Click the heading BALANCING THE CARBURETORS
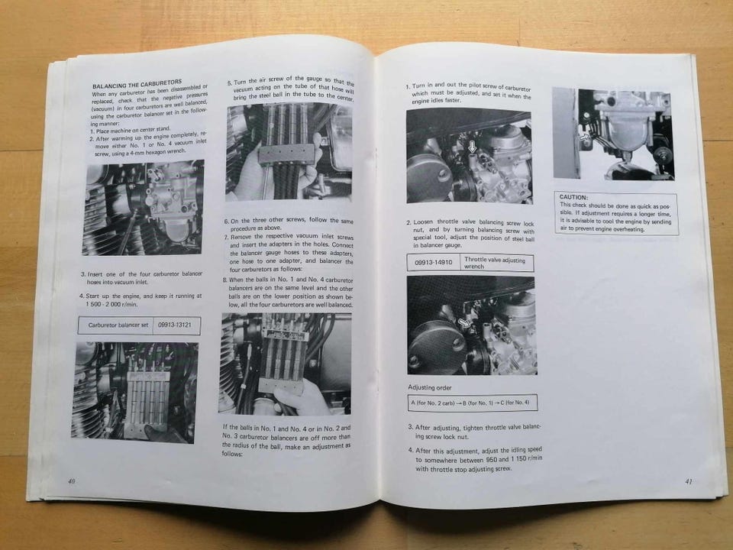pyautogui.click(x=137, y=84)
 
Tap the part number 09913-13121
pyautogui.click(x=174, y=325)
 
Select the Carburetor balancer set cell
pyautogui.click(x=118, y=325)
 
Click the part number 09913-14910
pyautogui.click(x=434, y=262)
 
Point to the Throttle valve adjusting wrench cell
pyautogui.click(x=497, y=262)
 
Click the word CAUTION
pyautogui.click(x=573, y=197)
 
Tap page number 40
pyautogui.click(x=72, y=480)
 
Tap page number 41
pyautogui.click(x=688, y=481)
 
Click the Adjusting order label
pyautogui.click(x=430, y=387)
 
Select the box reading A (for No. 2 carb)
pyautogui.click(x=473, y=403)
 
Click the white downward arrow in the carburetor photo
pyautogui.click(x=472, y=147)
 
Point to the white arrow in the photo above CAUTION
pyautogui.click(x=584, y=136)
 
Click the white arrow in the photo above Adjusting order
pyautogui.click(x=464, y=322)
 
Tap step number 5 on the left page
pyautogui.click(x=230, y=82)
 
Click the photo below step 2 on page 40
pyautogui.click(x=144, y=207)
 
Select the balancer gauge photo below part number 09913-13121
pyautogui.click(x=135, y=392)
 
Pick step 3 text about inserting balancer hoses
pyautogui.click(x=141, y=278)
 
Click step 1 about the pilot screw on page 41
pyautogui.click(x=468, y=92)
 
